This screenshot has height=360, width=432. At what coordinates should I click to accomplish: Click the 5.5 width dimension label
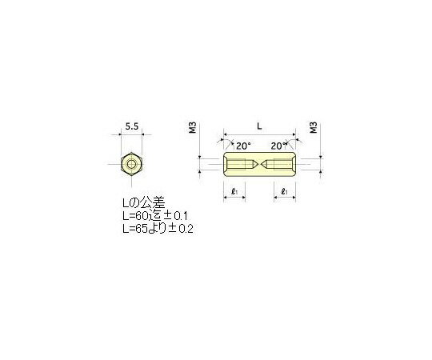[131, 126]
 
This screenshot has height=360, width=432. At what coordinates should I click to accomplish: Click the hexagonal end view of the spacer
[131, 166]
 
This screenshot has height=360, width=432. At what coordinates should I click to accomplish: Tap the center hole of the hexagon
[131, 166]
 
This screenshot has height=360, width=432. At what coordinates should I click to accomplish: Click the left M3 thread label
[193, 129]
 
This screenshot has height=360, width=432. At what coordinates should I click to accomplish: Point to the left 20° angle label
[244, 146]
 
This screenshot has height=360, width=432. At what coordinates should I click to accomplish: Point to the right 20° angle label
[278, 146]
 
